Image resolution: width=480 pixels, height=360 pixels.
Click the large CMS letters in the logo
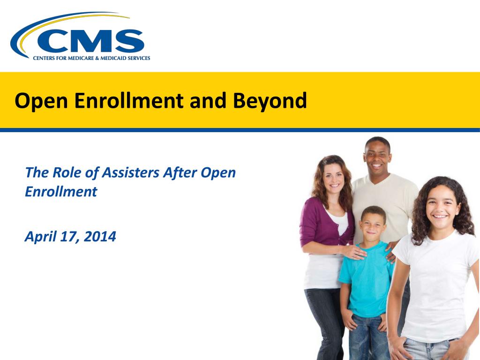(x=90, y=41)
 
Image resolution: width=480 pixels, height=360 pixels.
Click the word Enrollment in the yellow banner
(x=129, y=100)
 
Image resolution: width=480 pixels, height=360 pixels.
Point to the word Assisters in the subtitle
(x=130, y=172)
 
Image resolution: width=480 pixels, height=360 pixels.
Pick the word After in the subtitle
(x=180, y=172)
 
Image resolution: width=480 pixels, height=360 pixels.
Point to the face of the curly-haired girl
(x=440, y=208)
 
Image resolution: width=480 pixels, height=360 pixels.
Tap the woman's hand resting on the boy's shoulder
(x=355, y=252)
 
